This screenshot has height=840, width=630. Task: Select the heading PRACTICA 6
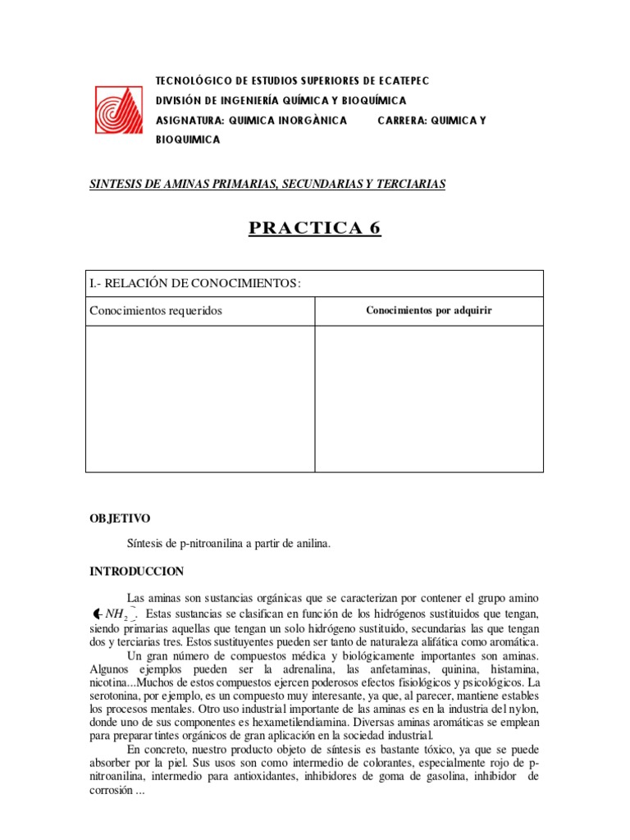(315, 228)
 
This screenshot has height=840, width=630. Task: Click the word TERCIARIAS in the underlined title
(411, 184)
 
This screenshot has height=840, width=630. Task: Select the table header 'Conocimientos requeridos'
(155, 311)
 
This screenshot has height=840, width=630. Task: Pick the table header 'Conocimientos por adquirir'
(428, 311)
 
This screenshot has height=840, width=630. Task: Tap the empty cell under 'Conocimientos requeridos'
(200, 398)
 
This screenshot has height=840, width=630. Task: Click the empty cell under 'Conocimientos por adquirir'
(428, 398)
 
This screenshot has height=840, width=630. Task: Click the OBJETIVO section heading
(120, 518)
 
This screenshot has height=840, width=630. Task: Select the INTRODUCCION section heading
(136, 571)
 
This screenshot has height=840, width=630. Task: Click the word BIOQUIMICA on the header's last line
(188, 139)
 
